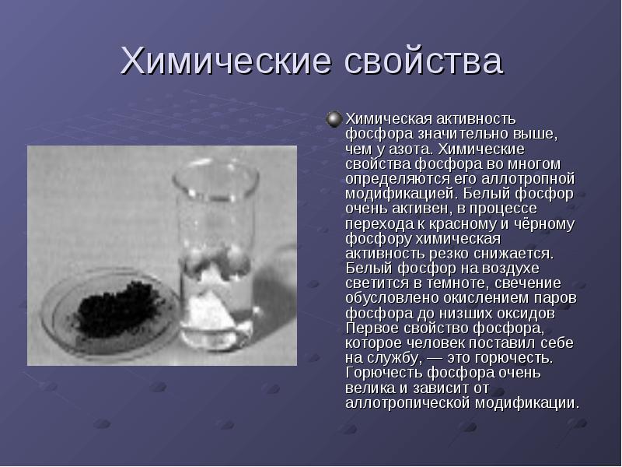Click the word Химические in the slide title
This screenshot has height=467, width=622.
point(225,61)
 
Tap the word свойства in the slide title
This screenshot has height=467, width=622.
point(424,61)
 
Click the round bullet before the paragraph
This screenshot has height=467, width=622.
point(334,119)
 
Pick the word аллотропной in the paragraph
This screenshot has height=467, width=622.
point(528,179)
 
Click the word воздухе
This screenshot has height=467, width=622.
point(511,269)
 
